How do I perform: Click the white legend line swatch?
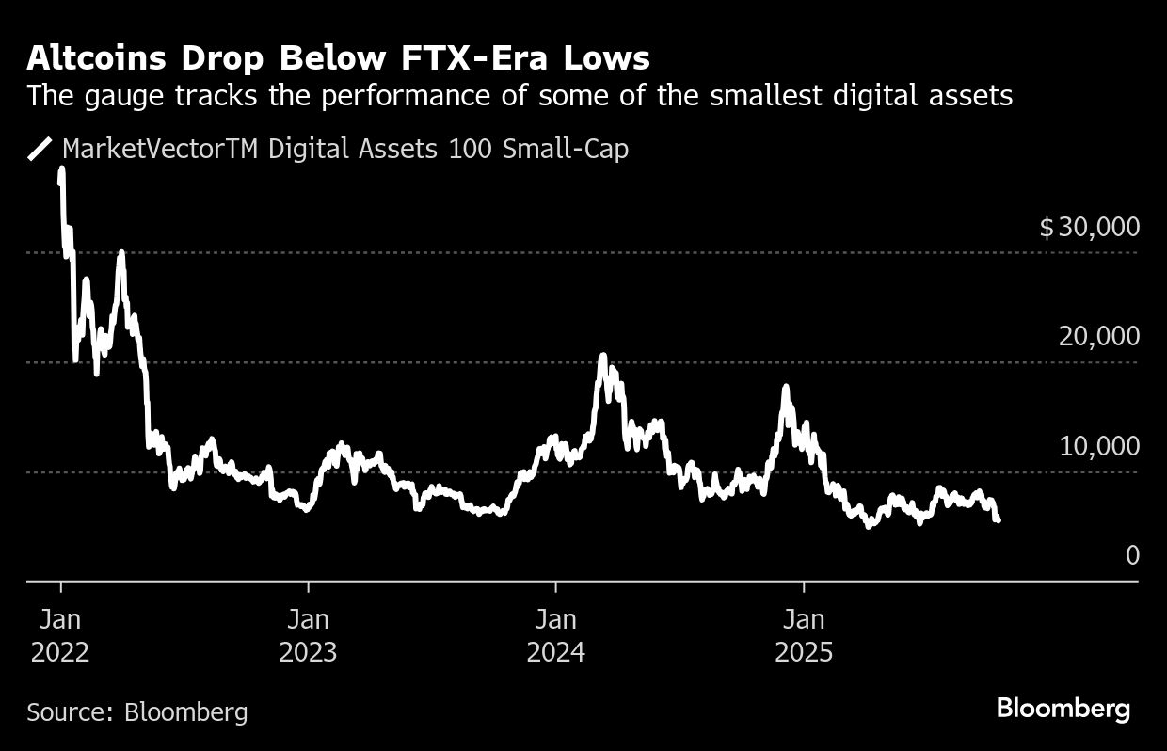[40, 149]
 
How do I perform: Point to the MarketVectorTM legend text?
[161, 149]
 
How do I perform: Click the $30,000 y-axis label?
[1089, 227]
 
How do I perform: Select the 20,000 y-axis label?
[1098, 336]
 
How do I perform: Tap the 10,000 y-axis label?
[1098, 446]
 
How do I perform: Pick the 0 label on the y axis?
[1131, 555]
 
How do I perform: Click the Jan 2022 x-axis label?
[60, 635]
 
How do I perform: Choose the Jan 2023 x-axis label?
[308, 635]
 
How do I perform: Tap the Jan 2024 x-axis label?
[555, 635]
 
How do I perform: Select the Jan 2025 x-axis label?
[804, 635]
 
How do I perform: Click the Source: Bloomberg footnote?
[137, 711]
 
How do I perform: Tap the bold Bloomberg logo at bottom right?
[1063, 709]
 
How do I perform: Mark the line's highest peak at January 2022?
[61, 170]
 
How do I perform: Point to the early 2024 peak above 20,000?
[602, 357]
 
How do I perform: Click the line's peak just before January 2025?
[785, 387]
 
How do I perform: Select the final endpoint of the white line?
[997, 519]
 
